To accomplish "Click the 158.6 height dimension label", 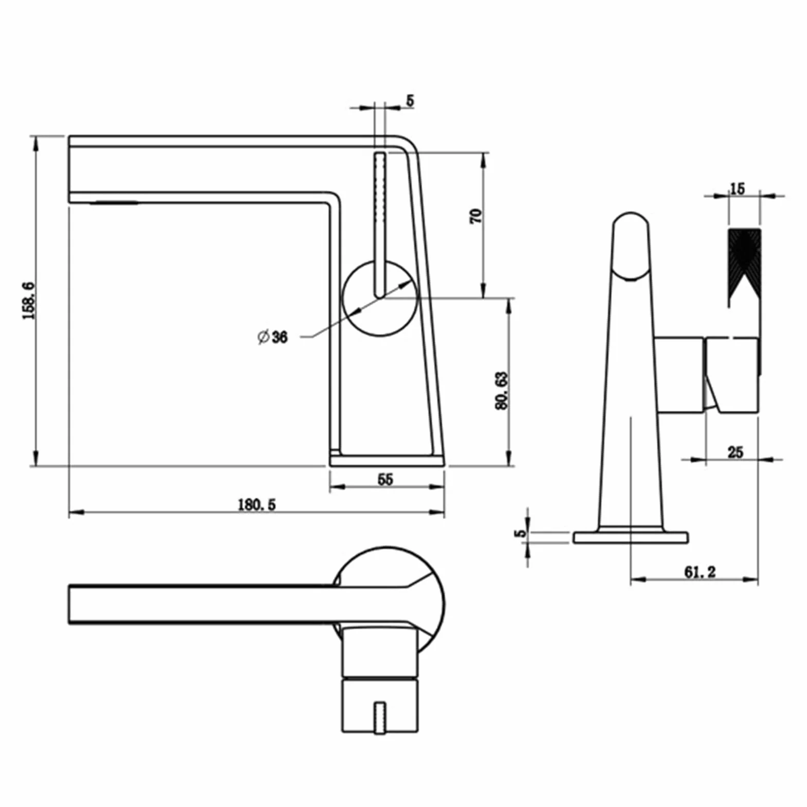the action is [x=29, y=301].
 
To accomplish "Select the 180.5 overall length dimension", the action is [x=256, y=504].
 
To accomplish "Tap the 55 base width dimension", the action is [x=385, y=479].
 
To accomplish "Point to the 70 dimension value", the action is [x=477, y=216].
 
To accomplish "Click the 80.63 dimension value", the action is [x=501, y=391].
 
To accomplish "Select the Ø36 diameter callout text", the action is [x=272, y=337].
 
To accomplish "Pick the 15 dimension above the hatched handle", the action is [x=737, y=189].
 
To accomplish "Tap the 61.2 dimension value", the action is [x=700, y=572].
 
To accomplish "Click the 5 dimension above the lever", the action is [x=410, y=100].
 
